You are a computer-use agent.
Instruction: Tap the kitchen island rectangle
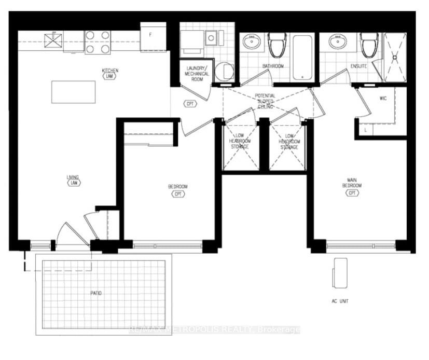73,92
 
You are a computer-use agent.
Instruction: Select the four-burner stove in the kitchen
98,42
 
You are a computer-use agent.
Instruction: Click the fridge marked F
153,36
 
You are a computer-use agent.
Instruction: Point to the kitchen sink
52,40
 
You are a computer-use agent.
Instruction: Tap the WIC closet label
383,97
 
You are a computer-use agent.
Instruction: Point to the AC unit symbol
340,273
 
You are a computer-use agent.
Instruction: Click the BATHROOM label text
273,66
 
